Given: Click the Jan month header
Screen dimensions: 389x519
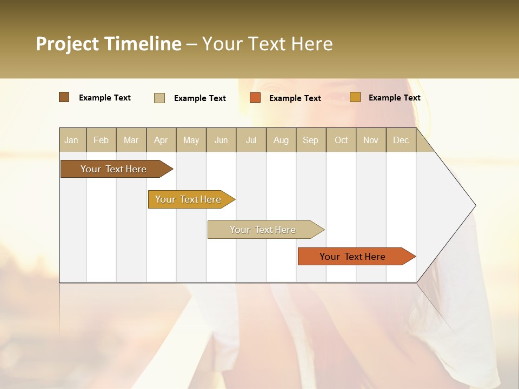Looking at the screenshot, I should (71, 140).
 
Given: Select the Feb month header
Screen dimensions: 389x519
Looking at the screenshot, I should (101, 140).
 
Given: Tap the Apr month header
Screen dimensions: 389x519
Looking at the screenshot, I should (161, 140).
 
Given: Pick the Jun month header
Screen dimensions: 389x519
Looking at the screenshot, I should (221, 140).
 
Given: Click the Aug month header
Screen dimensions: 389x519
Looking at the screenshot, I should (281, 140).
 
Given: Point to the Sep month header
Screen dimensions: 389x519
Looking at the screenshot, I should (310, 140).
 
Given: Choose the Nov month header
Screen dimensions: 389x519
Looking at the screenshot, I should (371, 140).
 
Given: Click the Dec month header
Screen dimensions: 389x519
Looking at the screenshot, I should (401, 140).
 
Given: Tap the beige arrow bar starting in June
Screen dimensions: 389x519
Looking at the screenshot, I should (263, 230).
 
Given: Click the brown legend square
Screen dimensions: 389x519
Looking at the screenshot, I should (64, 97).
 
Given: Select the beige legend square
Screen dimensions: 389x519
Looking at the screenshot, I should (159, 98).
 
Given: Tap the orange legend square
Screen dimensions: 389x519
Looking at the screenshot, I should (255, 98).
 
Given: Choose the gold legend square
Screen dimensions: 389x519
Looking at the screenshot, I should (355, 97).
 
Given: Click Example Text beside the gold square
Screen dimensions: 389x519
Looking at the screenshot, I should (394, 98).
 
